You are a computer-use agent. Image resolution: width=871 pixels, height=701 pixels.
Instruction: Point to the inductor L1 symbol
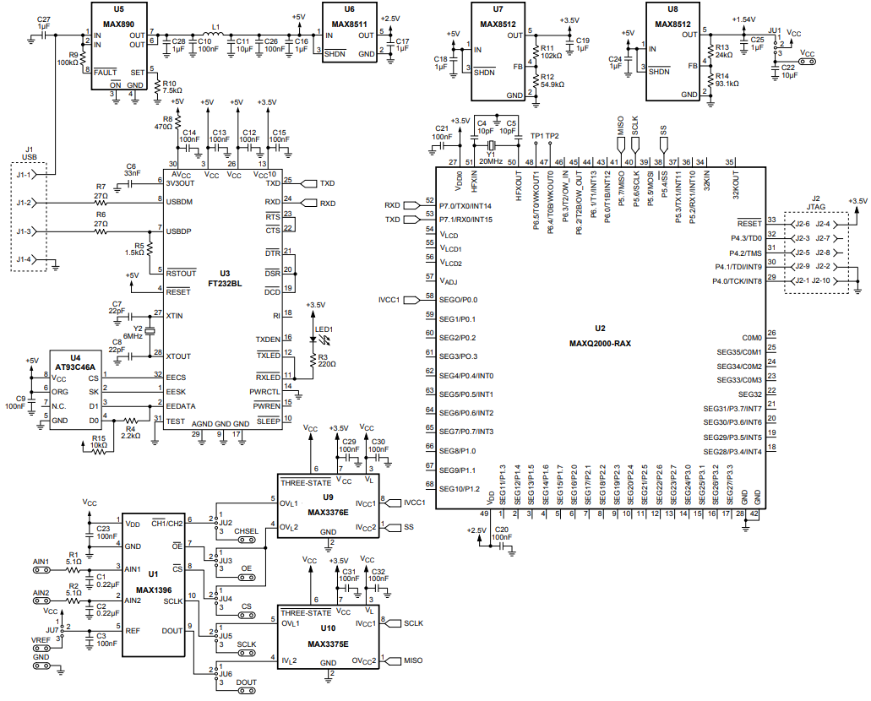pos(216,35)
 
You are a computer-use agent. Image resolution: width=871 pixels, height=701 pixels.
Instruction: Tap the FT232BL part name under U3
pos(224,285)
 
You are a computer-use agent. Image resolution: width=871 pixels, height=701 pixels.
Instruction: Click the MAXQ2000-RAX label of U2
pos(600,343)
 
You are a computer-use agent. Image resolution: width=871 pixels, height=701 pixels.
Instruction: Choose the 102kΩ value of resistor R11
pos(553,55)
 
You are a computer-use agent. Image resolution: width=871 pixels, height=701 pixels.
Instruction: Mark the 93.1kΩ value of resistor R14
pos(727,84)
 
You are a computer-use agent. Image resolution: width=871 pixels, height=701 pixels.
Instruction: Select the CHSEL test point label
pos(246,530)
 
